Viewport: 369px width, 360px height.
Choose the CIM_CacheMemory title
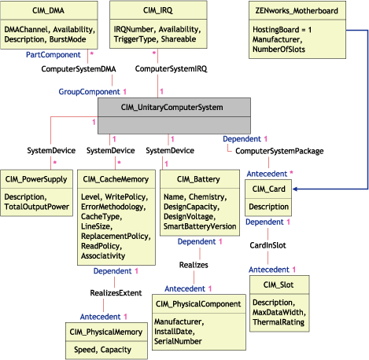point(113,177)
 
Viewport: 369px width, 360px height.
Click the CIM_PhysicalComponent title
point(197,303)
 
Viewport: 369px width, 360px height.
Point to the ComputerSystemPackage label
point(279,151)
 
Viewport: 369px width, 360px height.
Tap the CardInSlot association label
point(269,245)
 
